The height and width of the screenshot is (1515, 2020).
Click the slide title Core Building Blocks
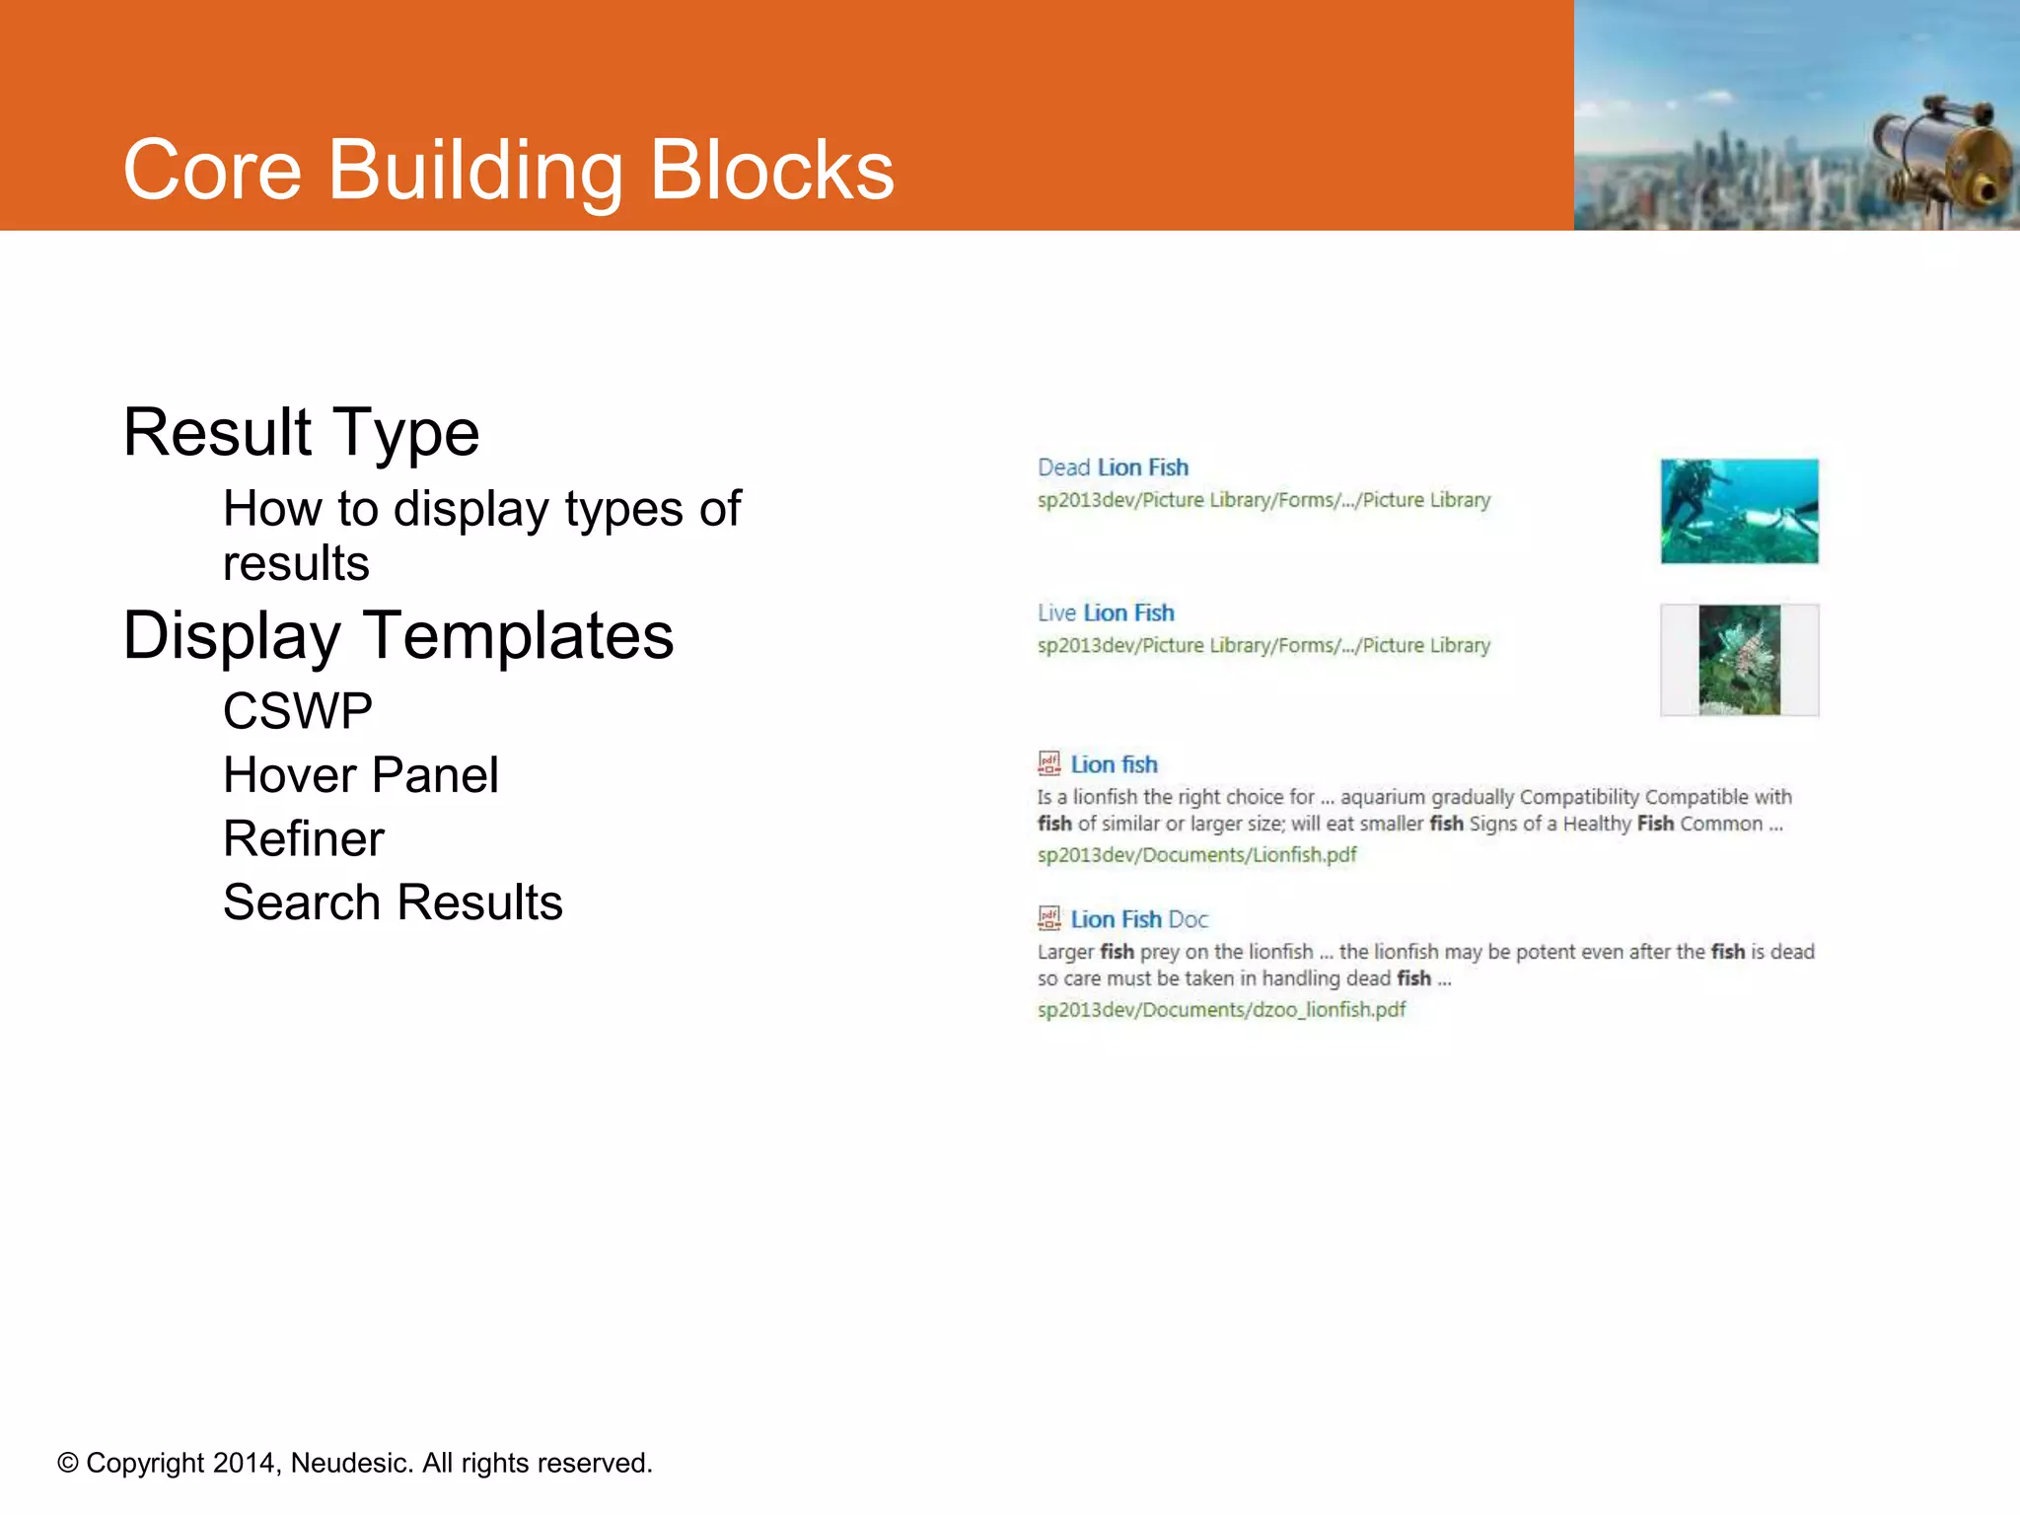tap(508, 170)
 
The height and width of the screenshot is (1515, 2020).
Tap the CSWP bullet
tap(297, 710)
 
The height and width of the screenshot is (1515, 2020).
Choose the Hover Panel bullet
tap(360, 774)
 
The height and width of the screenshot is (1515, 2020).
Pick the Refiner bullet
tap(303, 838)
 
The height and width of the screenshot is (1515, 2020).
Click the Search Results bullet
tap(392, 902)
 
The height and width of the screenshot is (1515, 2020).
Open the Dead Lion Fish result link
tap(1113, 468)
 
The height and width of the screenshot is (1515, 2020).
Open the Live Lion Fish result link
tap(1106, 613)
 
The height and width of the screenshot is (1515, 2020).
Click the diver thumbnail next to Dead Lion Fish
tap(1739, 511)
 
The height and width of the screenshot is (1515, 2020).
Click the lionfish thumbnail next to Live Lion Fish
tap(1739, 659)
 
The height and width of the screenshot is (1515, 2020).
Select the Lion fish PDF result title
tap(1114, 764)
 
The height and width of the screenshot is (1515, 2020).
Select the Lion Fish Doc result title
tap(1138, 919)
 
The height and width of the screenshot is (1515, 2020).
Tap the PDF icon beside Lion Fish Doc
tap(1048, 918)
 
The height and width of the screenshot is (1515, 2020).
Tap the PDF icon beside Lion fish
tap(1048, 763)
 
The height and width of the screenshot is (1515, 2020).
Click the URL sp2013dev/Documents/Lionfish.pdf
tap(1196, 854)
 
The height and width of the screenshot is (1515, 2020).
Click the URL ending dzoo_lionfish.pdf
tap(1221, 1009)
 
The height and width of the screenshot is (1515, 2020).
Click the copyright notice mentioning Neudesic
tap(355, 1463)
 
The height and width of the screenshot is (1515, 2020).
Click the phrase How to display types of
tap(481, 509)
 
